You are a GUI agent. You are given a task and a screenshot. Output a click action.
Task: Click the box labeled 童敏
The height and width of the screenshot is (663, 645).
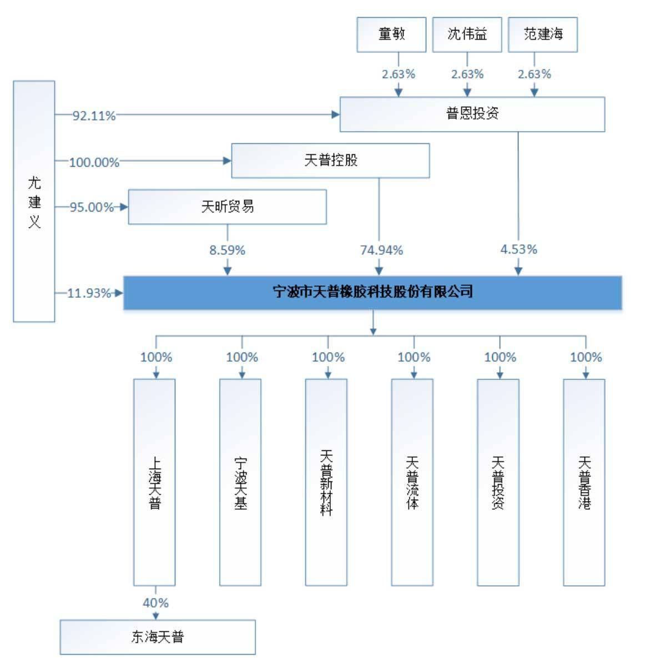pos(391,34)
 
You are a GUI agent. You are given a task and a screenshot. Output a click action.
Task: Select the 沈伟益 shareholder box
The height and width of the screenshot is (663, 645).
pos(467,34)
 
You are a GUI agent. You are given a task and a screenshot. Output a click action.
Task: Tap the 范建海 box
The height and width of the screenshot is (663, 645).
pos(542,34)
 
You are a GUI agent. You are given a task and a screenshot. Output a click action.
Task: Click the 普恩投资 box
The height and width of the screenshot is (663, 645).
pos(472,114)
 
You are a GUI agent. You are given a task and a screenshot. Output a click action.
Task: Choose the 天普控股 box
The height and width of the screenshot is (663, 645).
pos(330,161)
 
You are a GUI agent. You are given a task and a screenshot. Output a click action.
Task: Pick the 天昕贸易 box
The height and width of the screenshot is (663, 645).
pos(227,207)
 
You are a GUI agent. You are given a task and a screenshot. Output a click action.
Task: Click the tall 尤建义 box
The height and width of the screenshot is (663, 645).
pos(34,201)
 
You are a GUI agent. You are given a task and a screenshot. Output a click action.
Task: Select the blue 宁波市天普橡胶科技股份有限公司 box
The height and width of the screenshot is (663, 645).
pos(372,292)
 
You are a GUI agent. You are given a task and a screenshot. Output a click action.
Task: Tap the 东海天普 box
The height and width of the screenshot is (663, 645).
pos(158,637)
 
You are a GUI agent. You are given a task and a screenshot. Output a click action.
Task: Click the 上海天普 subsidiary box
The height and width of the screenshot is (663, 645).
pos(154,482)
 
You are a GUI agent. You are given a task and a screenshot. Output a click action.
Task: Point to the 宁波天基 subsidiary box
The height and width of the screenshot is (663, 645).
pos(240,482)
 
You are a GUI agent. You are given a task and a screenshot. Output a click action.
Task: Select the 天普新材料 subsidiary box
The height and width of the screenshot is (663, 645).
pos(326,482)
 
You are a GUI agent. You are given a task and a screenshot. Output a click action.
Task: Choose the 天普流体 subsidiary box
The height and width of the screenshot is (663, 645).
pos(412,482)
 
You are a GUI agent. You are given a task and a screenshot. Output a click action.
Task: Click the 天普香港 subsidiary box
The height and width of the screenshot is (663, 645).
pos(584,482)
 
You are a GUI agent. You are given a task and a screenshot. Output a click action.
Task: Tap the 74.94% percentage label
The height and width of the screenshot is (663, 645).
pos(381,250)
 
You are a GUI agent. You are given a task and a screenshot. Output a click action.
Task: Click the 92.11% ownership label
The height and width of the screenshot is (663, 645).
pos(94,116)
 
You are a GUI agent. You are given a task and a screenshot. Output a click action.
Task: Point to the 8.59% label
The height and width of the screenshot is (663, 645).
pos(227,250)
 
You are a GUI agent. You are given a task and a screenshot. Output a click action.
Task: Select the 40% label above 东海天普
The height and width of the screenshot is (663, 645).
pos(155,602)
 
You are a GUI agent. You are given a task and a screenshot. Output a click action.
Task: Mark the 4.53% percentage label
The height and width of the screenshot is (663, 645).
pos(518,249)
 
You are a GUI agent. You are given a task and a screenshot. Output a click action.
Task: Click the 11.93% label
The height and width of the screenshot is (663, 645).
pos(89,293)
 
